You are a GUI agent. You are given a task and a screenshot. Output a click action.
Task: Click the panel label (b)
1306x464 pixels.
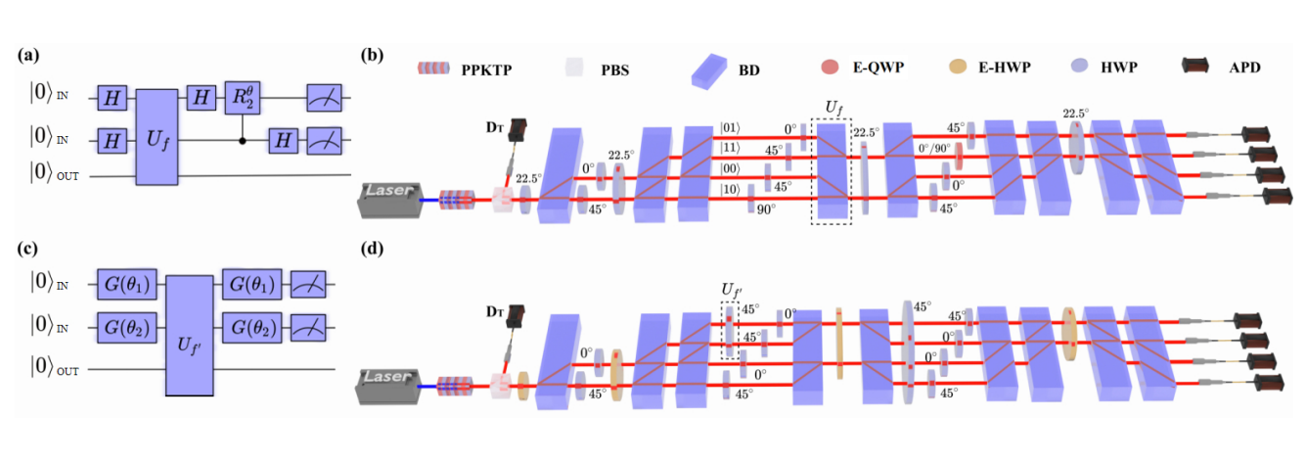click(x=372, y=56)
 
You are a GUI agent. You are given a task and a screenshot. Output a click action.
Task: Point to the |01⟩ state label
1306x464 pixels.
click(x=731, y=126)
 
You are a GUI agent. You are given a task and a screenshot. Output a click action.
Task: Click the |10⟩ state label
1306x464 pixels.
click(x=731, y=188)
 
